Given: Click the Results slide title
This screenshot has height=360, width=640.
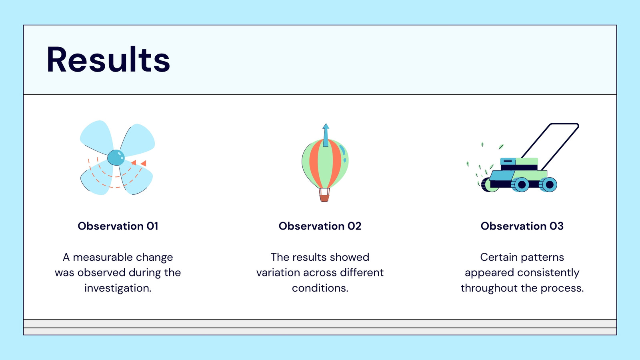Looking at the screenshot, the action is coord(108,60).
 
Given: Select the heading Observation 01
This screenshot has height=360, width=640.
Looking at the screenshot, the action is coord(118,226).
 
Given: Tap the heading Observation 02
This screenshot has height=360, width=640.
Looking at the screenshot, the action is coord(320,226).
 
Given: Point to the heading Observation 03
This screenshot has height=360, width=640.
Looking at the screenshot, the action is coord(522,226).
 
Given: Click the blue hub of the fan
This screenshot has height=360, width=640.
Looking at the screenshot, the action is coord(116,158).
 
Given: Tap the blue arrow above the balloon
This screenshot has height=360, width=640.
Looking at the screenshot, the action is coord(326,135).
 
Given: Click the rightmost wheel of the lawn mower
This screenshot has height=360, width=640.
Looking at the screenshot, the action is coord(548,184).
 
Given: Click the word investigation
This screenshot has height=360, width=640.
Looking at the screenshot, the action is coord(118,288).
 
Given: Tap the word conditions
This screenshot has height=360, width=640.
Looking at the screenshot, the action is coord(320,288).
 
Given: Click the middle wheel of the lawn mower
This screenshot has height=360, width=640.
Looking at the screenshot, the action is coord(521,184).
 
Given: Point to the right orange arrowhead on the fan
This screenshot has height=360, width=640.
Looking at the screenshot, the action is coord(144,163).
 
